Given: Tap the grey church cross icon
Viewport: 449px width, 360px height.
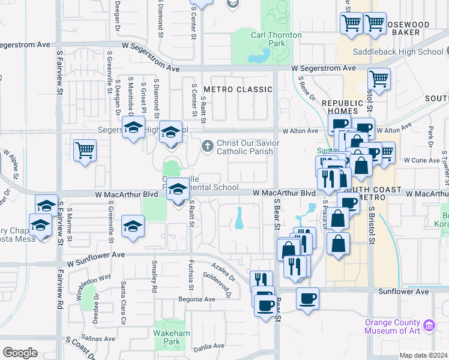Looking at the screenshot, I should coord(207,145).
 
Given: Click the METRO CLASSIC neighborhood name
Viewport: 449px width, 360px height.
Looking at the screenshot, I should coord(238,89).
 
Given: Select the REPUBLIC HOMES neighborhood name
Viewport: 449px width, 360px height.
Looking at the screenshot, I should coord(343,107).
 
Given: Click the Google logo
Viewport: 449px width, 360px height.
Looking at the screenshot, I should coord(20,352).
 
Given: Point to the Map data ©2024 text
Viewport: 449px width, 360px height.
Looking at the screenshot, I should coord(424,355).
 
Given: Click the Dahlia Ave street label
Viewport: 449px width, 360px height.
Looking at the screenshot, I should coord(208,346).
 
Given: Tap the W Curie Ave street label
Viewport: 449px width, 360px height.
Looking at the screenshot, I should coord(422,160).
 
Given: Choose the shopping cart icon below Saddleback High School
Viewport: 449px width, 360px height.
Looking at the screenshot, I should coord(379,79).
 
